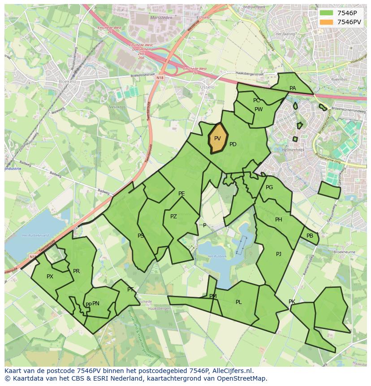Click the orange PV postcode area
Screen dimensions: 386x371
[x=218, y=139]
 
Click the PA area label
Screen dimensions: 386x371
[x=293, y=88]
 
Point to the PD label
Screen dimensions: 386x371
[x=233, y=144]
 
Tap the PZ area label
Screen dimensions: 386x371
[x=173, y=217]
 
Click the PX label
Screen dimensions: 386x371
[x=50, y=277]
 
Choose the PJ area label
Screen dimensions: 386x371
[x=279, y=254]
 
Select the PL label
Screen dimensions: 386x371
[x=238, y=302]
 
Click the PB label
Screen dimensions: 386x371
[x=310, y=236]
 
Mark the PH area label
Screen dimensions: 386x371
[x=279, y=220]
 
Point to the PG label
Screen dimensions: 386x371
[x=269, y=187]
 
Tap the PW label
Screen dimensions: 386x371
[x=259, y=109]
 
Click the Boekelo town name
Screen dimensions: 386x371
[x=67, y=82]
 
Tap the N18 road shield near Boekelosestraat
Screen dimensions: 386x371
[x=160, y=78]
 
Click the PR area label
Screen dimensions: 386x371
[x=76, y=271]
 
